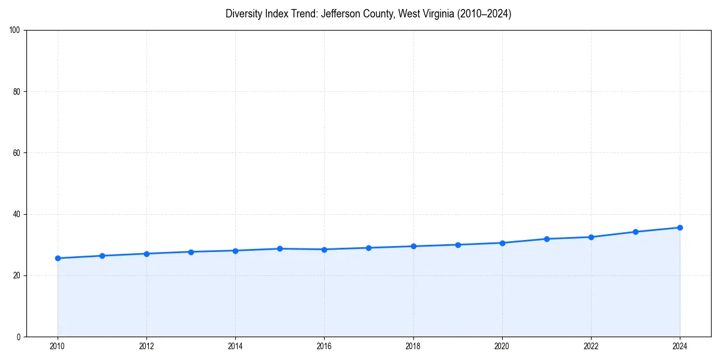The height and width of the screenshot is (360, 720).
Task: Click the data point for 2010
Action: click(58, 258)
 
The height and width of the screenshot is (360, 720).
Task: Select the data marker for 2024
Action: click(680, 227)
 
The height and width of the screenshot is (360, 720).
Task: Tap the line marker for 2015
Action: click(280, 248)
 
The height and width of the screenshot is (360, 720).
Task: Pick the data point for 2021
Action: click(547, 239)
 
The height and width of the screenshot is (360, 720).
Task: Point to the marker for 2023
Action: click(635, 232)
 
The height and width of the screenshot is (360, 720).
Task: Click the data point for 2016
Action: click(324, 249)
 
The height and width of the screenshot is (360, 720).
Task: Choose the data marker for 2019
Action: click(458, 244)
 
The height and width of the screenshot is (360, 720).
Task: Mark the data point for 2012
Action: click(146, 253)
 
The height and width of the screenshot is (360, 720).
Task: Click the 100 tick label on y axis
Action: click(16, 30)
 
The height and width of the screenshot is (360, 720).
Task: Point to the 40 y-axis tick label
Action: click(17, 214)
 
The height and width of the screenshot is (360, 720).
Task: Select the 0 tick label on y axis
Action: click(19, 337)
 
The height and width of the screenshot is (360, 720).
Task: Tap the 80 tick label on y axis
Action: click(17, 92)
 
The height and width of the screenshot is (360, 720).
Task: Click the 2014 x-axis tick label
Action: click(235, 346)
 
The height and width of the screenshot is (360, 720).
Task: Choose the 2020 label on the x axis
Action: click(502, 346)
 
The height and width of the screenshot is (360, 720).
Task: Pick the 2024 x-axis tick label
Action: click(680, 346)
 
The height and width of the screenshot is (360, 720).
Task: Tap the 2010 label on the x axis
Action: click(58, 346)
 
